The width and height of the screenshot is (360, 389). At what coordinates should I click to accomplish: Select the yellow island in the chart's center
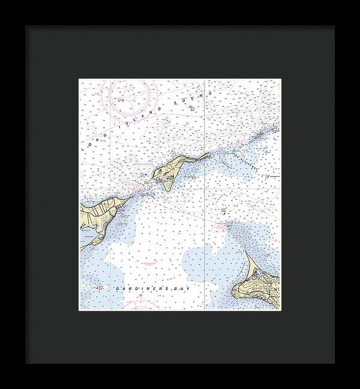(171, 171)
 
